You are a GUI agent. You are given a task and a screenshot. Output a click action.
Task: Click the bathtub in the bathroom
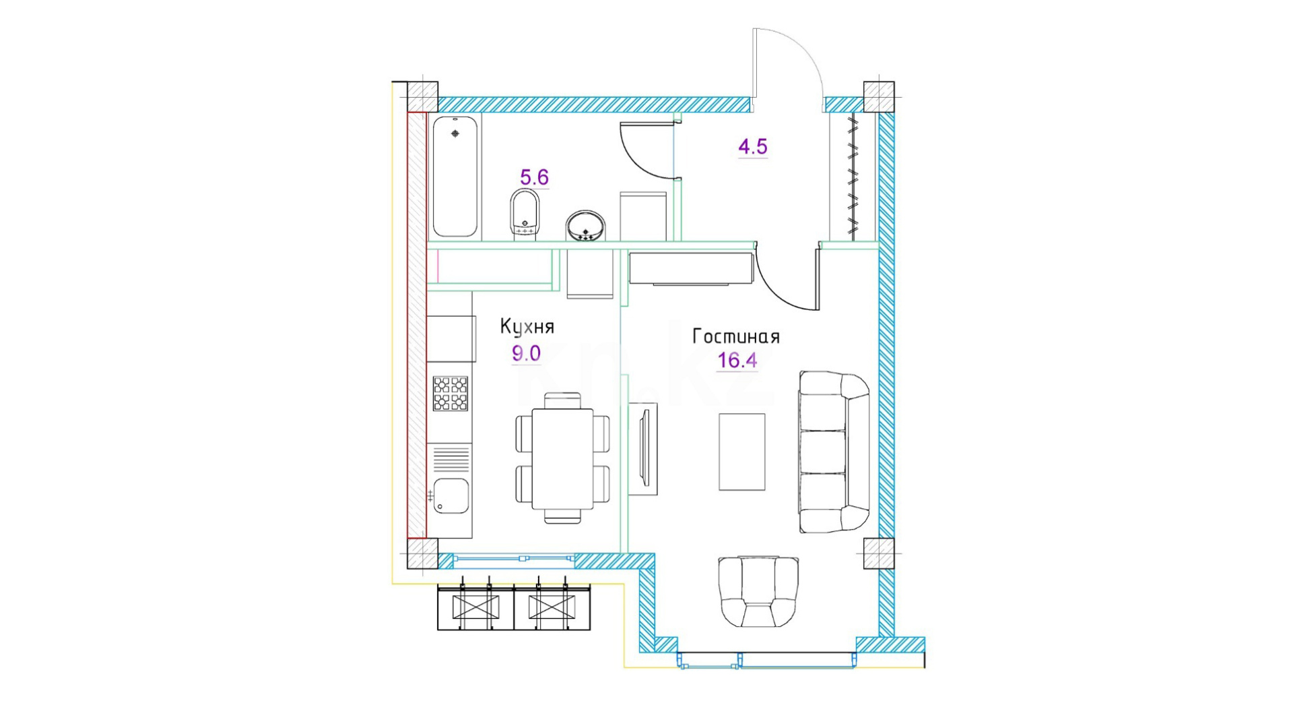(x=455, y=177)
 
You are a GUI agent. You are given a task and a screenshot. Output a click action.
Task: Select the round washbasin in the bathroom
(x=585, y=226)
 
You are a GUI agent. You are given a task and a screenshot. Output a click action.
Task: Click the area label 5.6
(x=534, y=177)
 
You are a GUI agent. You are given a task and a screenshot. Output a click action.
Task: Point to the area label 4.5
(x=753, y=146)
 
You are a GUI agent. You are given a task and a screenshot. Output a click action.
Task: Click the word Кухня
(x=527, y=327)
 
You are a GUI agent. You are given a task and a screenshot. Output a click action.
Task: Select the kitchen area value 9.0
(x=526, y=353)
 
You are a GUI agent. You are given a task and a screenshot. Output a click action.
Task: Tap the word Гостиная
(x=736, y=336)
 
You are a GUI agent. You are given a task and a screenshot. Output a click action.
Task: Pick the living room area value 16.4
(x=737, y=361)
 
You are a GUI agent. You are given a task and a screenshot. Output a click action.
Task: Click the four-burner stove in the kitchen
(x=451, y=394)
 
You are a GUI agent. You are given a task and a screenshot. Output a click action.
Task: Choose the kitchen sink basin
(x=451, y=495)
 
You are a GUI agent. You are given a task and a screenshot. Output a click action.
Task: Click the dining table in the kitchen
(x=562, y=458)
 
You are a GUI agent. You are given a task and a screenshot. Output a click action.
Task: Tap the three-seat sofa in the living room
(x=834, y=452)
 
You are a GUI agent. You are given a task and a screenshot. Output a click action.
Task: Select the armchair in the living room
(x=758, y=592)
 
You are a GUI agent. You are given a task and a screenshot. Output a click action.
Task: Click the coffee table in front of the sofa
(x=742, y=452)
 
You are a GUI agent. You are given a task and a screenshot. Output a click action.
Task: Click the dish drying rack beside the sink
(x=451, y=458)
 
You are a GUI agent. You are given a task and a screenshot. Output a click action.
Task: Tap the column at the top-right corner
(x=879, y=97)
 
